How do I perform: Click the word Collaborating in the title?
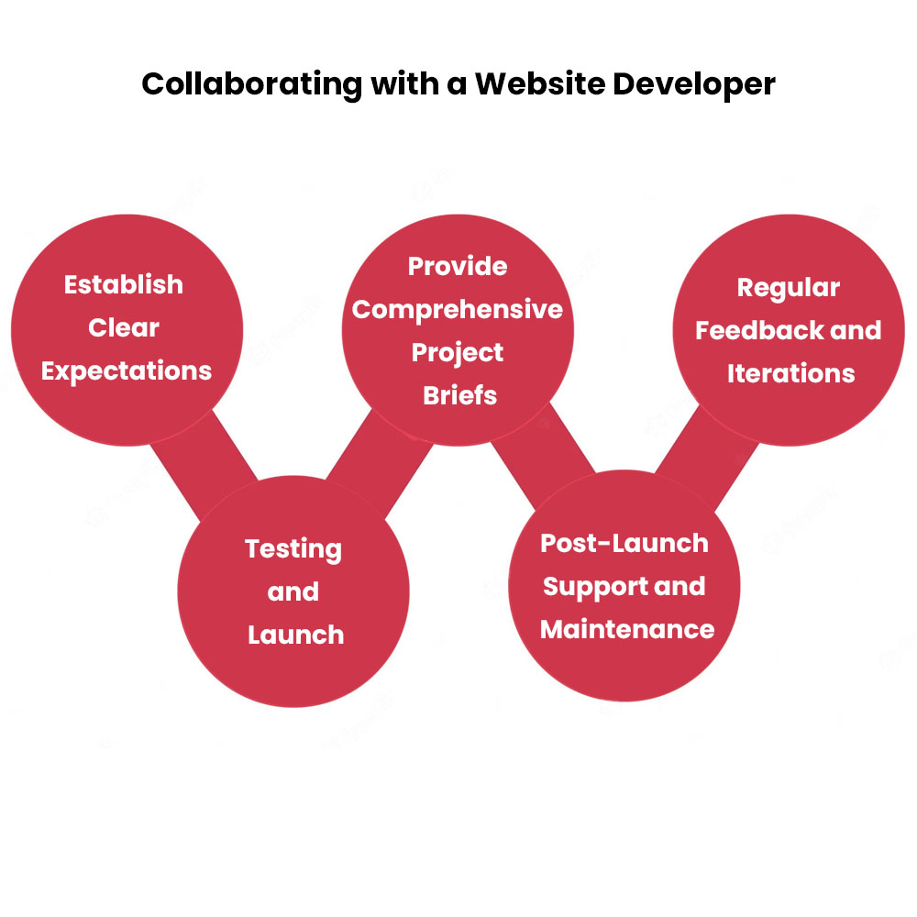pos(252,84)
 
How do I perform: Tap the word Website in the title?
pos(540,83)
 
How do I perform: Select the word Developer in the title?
pos(693,84)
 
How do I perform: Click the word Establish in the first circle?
pos(124,285)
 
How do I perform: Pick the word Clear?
pos(124,327)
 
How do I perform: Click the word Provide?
pos(458,266)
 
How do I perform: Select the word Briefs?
pos(459,395)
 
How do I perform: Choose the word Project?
pos(458,353)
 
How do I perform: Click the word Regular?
pos(789,288)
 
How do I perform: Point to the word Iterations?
pos(791,373)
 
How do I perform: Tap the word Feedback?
pos(759,330)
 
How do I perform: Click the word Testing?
pos(293,549)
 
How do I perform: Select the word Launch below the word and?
pos(296,635)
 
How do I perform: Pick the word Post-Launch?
pos(624,543)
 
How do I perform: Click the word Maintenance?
pos(627,629)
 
